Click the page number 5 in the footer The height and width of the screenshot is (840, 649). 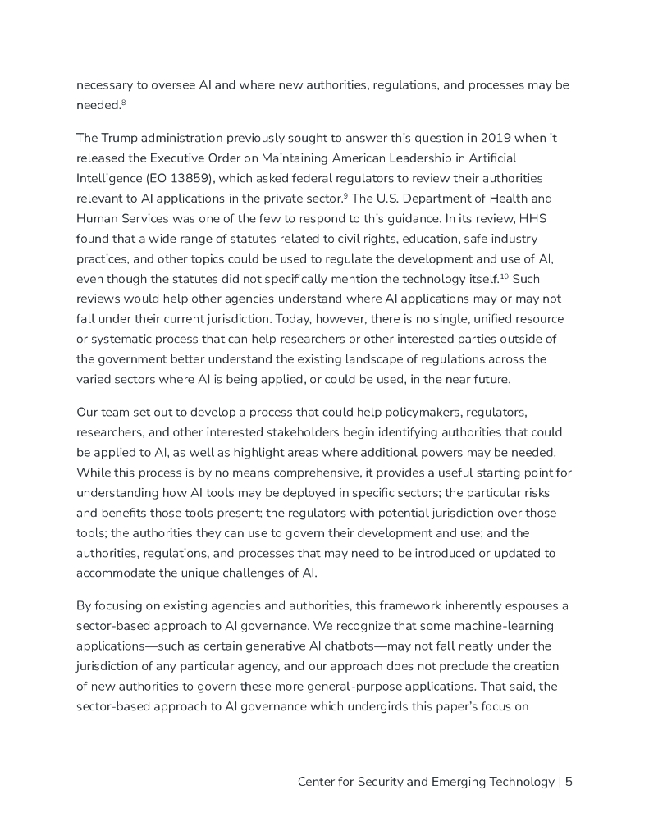tap(569, 782)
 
